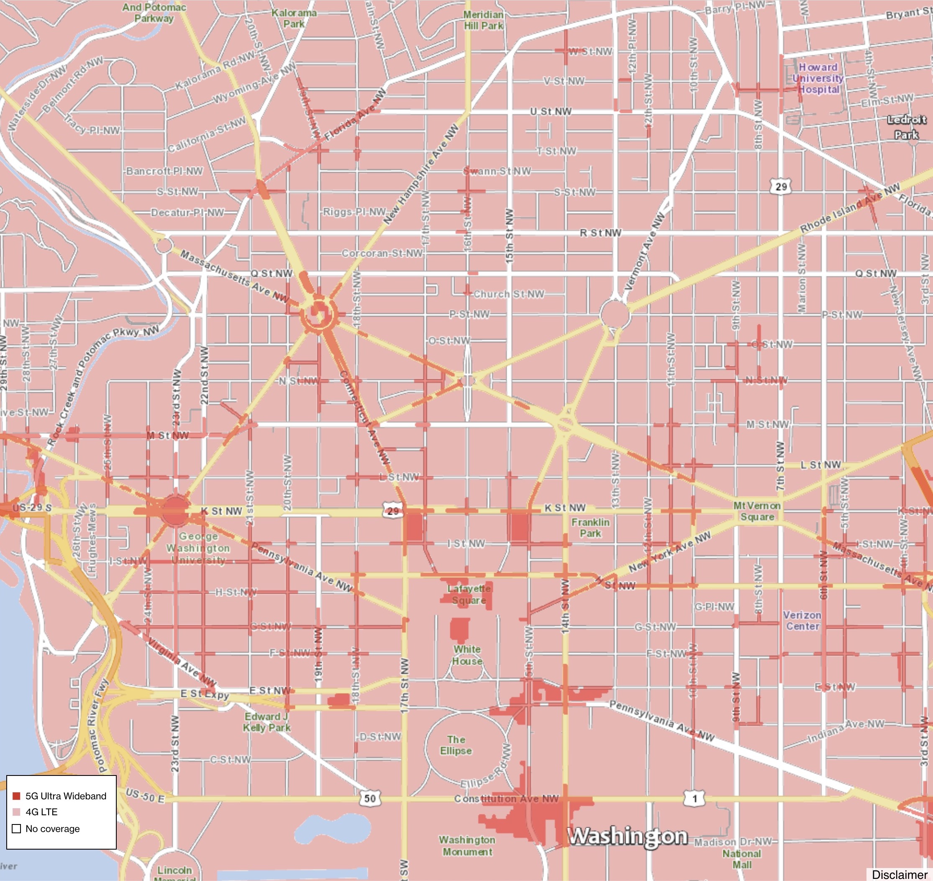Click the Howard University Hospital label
click(818, 78)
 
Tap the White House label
click(467, 655)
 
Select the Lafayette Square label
click(469, 595)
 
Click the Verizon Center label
click(802, 621)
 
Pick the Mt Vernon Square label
click(757, 511)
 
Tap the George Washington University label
click(198, 548)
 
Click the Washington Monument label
click(467, 846)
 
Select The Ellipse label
click(456, 745)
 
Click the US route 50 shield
click(370, 799)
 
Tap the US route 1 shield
click(695, 799)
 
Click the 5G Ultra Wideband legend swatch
click(16, 796)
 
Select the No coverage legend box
click(16, 829)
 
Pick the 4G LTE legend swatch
click(16, 812)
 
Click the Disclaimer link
click(899, 874)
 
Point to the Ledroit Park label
click(906, 127)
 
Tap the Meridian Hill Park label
click(483, 20)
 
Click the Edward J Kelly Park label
click(267, 722)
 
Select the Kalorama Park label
click(294, 18)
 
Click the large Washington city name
click(628, 836)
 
